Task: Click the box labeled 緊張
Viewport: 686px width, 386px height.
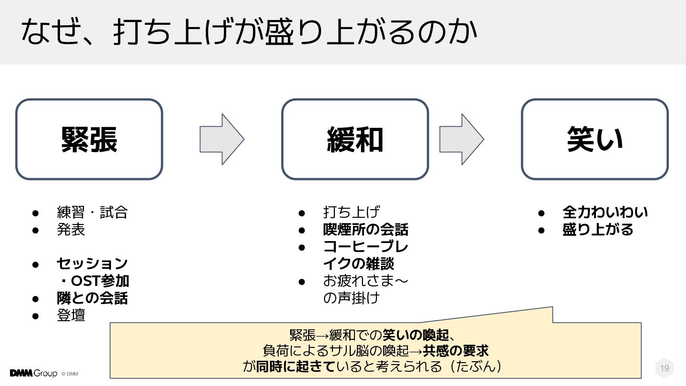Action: pos(89,139)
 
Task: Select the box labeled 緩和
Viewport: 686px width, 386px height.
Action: pos(355,139)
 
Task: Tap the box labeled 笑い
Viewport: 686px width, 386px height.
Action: pos(595,139)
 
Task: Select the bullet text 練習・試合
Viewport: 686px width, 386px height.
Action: pos(92,212)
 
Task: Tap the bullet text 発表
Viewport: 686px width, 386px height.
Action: pos(71,230)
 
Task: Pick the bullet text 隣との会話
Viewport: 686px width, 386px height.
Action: pos(92,298)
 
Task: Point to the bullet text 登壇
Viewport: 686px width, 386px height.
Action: pos(71,315)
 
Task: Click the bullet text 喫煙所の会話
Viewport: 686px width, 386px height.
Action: pos(365,230)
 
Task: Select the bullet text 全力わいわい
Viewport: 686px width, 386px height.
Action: pos(605,212)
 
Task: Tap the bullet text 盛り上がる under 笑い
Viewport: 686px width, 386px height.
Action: pos(598,230)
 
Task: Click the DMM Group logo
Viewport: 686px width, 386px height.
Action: pos(33,373)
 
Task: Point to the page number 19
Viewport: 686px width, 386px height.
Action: pos(665,368)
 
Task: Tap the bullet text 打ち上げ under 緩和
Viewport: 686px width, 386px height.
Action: pos(351,212)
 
